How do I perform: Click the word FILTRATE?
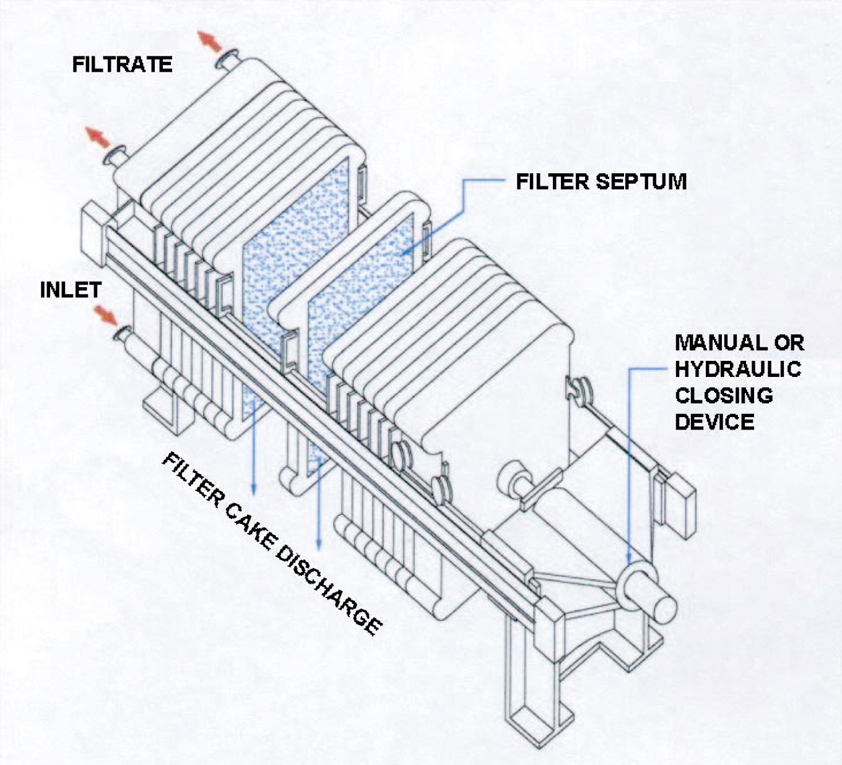122,64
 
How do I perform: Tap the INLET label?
71,290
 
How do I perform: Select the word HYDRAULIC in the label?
738,369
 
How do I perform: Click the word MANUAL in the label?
713,342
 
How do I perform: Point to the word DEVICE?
714,422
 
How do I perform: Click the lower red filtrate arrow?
97,137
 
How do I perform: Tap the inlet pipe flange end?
119,335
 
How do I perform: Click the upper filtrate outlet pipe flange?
224,59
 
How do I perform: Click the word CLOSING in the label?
724,395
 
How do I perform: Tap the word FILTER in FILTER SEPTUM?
552,181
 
